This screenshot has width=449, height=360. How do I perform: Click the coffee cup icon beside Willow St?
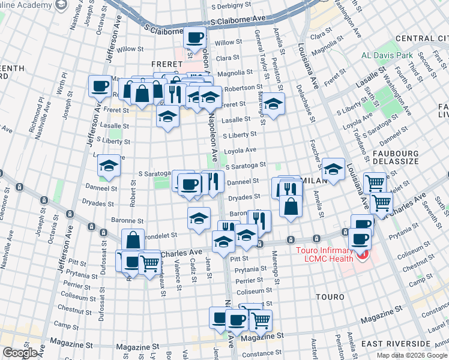(x=195, y=37)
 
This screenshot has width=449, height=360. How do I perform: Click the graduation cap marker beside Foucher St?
(x=333, y=168)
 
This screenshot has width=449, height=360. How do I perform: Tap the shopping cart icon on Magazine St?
(x=260, y=320)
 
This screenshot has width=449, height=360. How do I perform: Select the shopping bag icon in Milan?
(x=291, y=205)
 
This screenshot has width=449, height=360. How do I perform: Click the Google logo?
(x=20, y=353)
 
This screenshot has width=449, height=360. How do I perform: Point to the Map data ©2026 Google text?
(x=412, y=355)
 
